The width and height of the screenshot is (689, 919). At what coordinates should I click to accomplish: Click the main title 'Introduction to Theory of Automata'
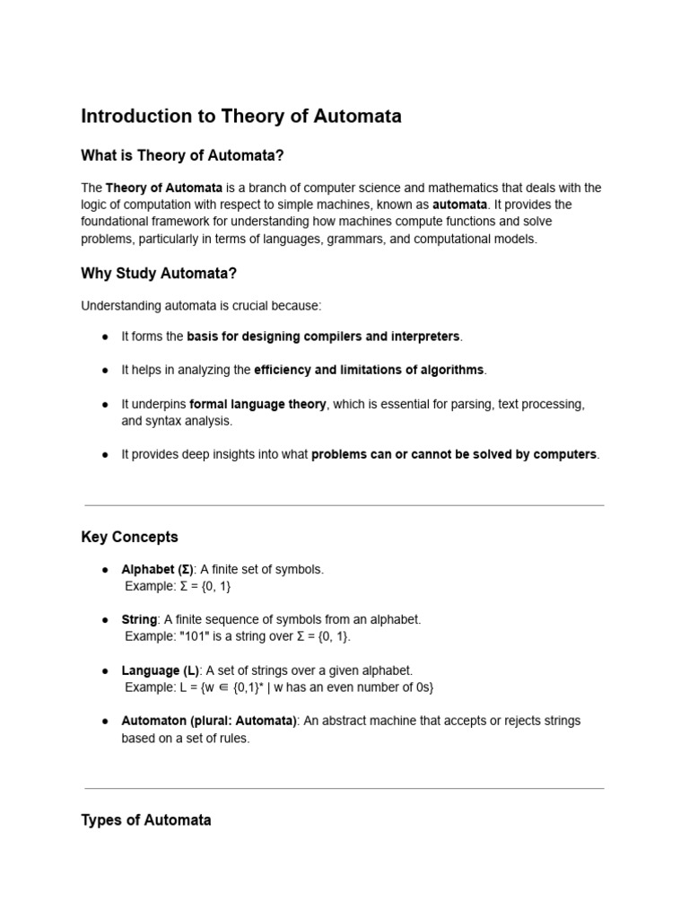click(x=241, y=116)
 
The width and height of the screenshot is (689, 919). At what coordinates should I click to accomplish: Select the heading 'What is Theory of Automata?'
click(x=182, y=155)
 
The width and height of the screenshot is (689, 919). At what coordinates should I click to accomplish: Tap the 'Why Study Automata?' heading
click(x=159, y=273)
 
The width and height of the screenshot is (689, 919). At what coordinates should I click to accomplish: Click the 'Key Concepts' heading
click(x=129, y=537)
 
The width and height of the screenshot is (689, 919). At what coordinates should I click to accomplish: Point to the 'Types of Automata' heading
click(x=146, y=819)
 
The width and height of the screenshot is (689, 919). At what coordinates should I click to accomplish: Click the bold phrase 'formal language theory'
click(x=257, y=404)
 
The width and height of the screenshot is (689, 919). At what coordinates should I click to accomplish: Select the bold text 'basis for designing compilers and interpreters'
click(x=323, y=336)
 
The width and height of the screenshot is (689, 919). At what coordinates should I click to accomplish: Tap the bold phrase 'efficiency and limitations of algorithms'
click(x=369, y=370)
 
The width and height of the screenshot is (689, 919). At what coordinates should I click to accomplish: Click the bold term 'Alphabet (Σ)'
click(x=157, y=569)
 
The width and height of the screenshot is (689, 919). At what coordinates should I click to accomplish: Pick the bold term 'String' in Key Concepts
click(x=139, y=619)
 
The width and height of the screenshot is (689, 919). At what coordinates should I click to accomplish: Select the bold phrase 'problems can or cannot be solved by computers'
click(x=454, y=454)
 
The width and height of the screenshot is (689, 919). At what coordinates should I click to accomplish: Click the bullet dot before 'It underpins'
click(x=105, y=405)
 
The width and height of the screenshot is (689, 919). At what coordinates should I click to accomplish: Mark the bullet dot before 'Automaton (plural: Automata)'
click(x=105, y=722)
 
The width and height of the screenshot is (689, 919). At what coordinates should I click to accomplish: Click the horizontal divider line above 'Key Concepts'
click(x=344, y=505)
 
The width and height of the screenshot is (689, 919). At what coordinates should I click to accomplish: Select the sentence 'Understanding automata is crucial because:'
click(x=201, y=305)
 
